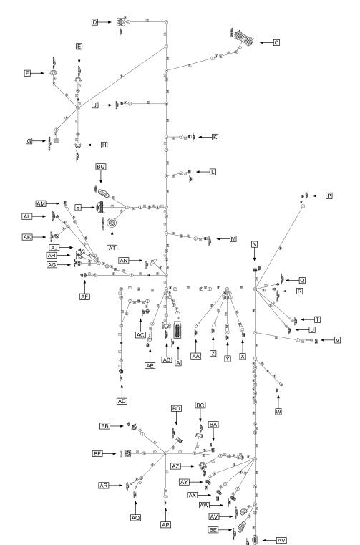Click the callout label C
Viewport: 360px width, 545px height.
(x=276, y=43)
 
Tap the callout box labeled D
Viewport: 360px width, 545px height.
(x=94, y=22)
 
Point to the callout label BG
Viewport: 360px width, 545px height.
(x=101, y=167)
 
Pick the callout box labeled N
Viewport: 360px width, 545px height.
(x=254, y=245)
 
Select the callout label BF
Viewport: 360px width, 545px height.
(x=98, y=453)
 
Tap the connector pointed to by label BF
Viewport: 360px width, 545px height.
(x=127, y=453)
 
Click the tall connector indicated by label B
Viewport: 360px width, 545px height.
(x=101, y=208)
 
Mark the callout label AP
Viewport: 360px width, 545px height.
(x=165, y=525)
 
